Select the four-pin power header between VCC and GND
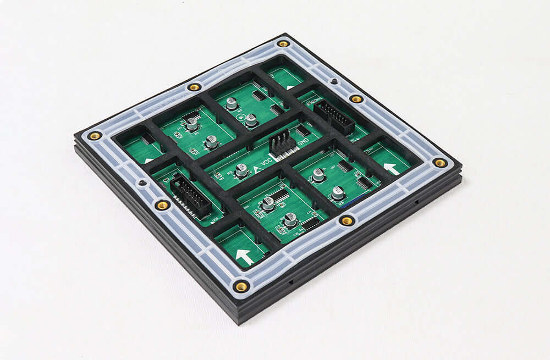click(282, 144)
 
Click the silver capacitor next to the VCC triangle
click(241, 171)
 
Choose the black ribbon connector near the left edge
click(190, 196)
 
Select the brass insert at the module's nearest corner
click(241, 286)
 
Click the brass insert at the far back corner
click(283, 43)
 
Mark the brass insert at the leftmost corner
click(95, 135)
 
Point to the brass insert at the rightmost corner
click(439, 163)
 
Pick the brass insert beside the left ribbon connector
click(162, 205)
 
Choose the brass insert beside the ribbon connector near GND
click(356, 99)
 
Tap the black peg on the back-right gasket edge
click(333, 81)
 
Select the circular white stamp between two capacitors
click(240, 117)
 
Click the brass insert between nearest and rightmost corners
click(347, 220)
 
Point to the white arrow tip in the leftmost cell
click(148, 160)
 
